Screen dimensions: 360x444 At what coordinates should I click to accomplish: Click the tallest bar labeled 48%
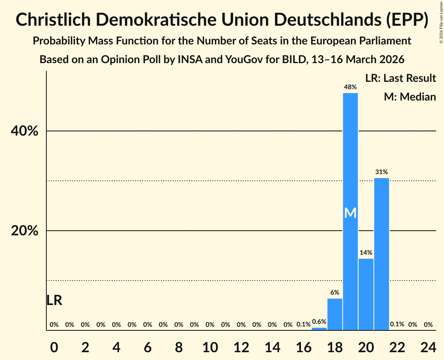(x=350, y=156)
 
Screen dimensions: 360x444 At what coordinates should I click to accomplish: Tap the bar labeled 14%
(x=366, y=294)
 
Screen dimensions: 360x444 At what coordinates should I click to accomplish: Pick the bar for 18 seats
(x=334, y=314)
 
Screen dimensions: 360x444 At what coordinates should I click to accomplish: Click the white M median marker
(x=350, y=213)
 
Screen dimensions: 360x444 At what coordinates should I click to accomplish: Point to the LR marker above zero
(x=54, y=300)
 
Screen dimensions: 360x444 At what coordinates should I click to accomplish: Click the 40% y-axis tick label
(x=25, y=131)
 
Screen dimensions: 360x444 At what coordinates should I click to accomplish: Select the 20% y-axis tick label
(x=25, y=231)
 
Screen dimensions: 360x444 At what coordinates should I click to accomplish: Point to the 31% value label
(x=381, y=172)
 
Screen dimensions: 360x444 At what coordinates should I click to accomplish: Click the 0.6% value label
(x=319, y=321)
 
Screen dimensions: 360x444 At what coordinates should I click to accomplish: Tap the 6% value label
(x=334, y=293)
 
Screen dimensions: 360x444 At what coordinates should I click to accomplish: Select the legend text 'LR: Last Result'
(x=400, y=78)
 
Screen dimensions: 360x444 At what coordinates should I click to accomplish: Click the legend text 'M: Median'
(x=410, y=97)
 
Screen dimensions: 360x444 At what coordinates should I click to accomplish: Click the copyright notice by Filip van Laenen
(x=441, y=22)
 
